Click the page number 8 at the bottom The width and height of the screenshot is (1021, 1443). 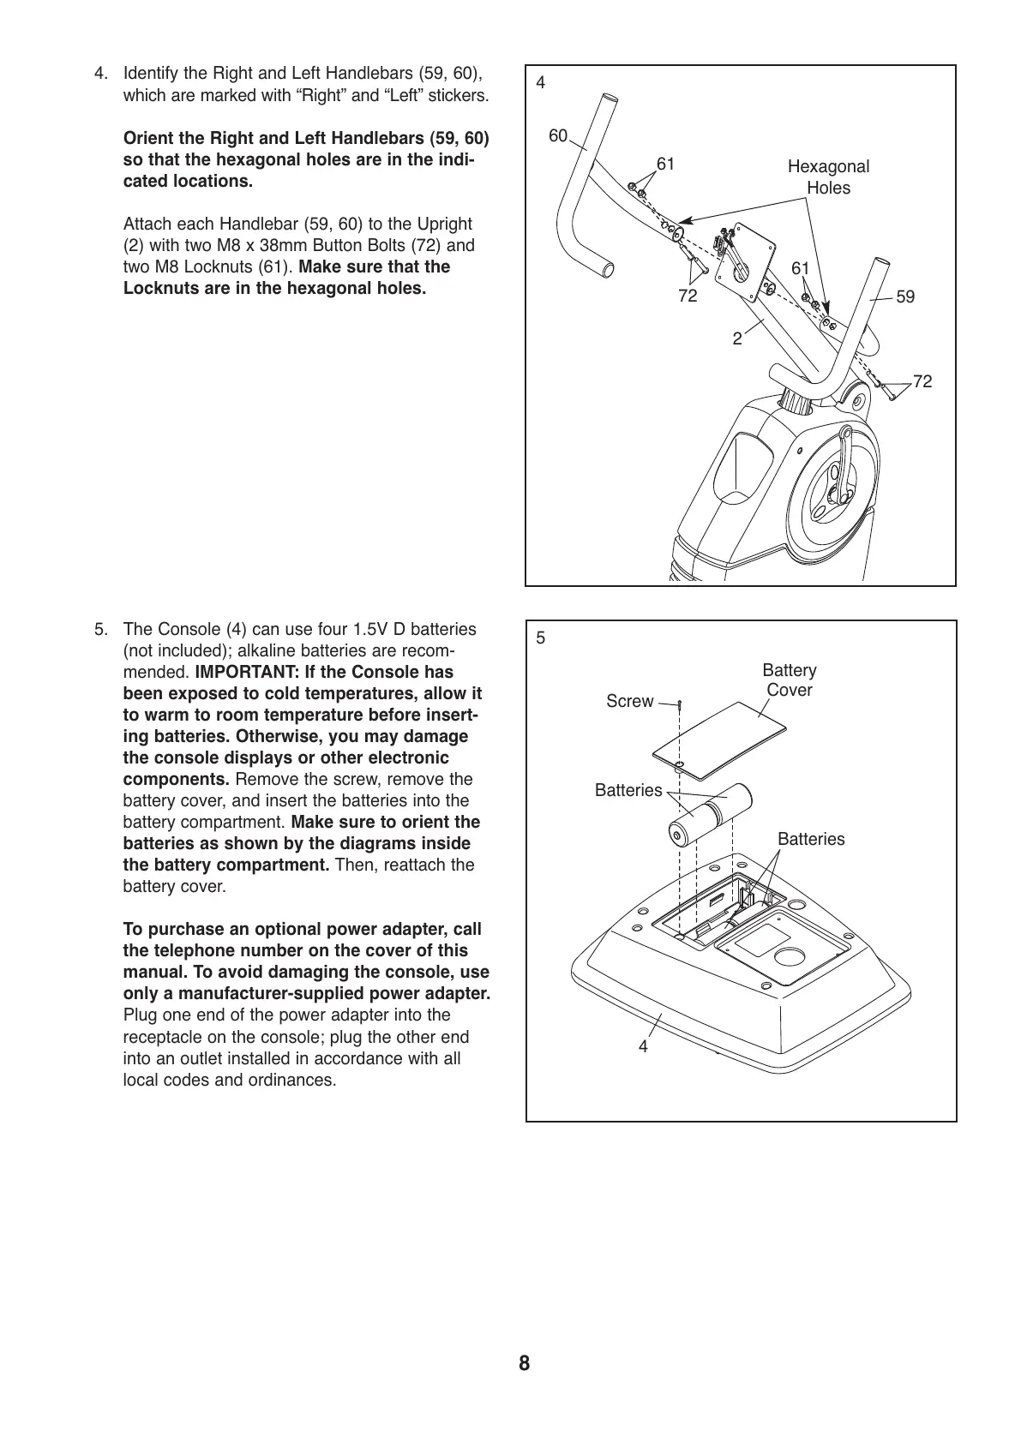[x=524, y=1363]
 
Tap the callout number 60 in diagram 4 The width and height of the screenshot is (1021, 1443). [x=558, y=136]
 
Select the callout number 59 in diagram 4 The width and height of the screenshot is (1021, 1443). [x=905, y=296]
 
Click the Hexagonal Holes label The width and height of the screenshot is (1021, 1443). [x=828, y=177]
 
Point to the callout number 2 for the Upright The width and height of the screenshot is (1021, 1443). [x=737, y=338]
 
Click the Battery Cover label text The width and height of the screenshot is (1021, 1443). [x=789, y=680]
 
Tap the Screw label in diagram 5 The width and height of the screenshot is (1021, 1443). [x=629, y=701]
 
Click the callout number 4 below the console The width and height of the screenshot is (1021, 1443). [x=643, y=1046]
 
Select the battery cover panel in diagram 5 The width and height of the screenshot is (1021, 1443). [x=720, y=738]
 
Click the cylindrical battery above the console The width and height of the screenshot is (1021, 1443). [x=709, y=813]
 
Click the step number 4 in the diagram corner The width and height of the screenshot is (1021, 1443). [x=540, y=83]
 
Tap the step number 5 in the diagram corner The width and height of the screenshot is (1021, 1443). [x=540, y=638]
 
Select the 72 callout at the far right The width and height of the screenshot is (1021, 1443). [x=922, y=381]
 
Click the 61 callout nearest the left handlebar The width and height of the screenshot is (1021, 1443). [x=665, y=163]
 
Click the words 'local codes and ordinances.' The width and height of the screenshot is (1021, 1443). [x=230, y=1080]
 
